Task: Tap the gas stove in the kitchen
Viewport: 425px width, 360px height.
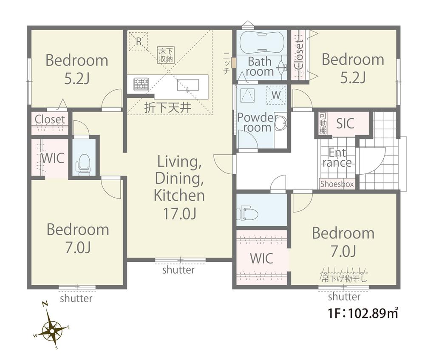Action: (x=141, y=84)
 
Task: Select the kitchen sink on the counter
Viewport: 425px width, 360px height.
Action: (x=188, y=85)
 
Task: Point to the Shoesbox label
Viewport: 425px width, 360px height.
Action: (x=337, y=184)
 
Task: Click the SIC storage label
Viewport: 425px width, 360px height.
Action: (x=345, y=124)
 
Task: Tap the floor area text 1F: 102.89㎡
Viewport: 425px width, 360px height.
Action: (x=363, y=313)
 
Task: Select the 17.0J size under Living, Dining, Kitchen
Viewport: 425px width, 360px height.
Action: (x=179, y=214)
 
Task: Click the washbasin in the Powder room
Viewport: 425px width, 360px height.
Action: (x=281, y=124)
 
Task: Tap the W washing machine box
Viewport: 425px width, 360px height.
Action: (x=276, y=95)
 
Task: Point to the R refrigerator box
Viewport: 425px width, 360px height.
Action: (x=139, y=42)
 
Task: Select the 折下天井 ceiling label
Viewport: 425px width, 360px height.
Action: (x=167, y=108)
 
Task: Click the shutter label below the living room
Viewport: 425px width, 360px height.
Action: (x=178, y=270)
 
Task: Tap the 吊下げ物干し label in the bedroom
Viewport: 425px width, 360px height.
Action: (x=344, y=278)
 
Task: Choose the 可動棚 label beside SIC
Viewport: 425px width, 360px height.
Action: (x=323, y=123)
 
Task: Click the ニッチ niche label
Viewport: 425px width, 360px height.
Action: (x=227, y=63)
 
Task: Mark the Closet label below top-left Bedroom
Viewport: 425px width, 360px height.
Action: (x=50, y=119)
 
